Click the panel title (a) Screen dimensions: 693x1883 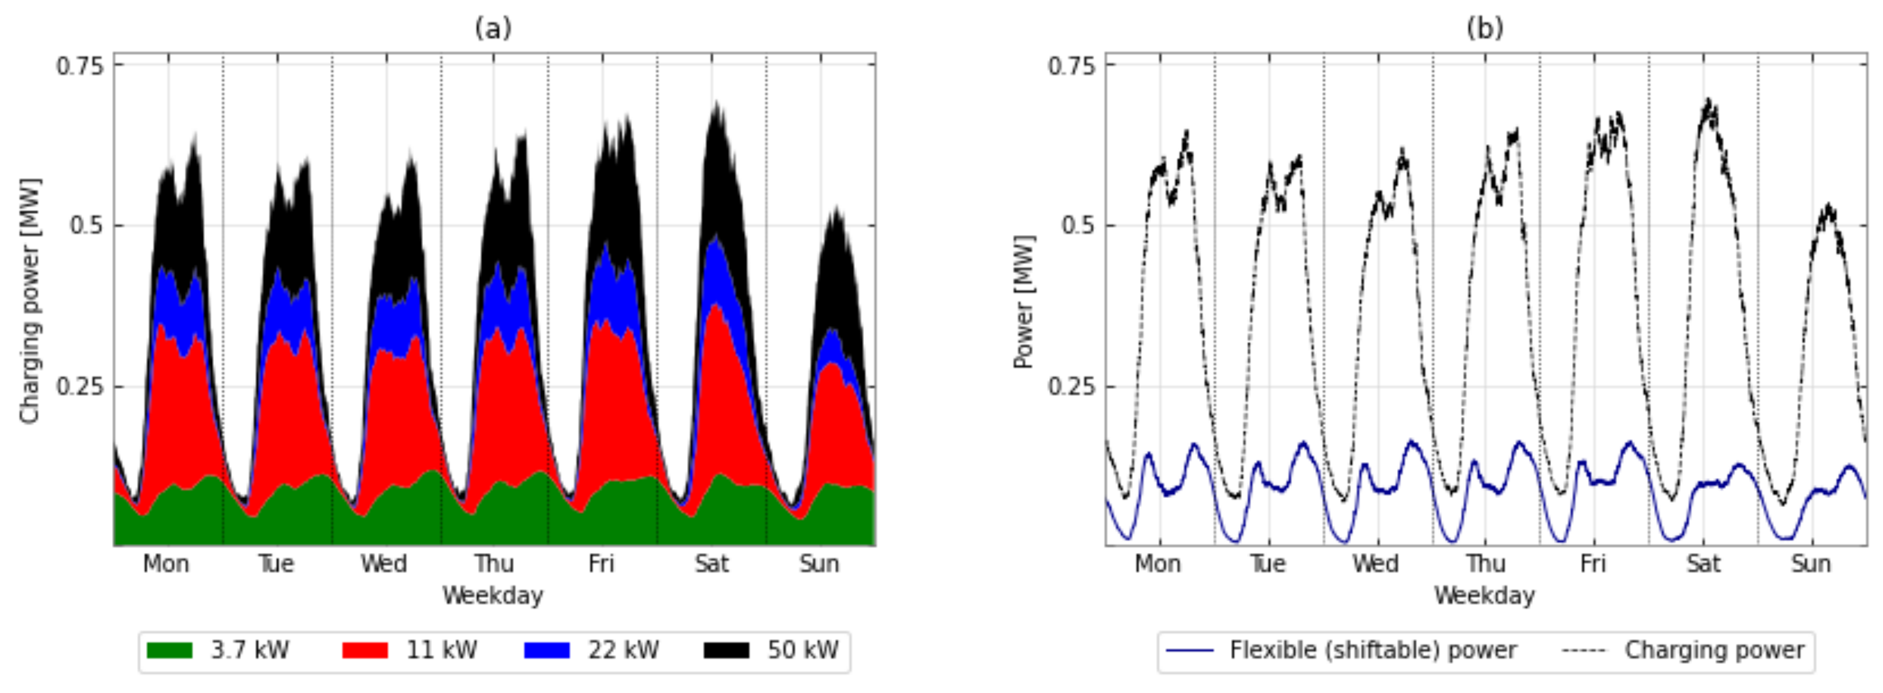[493, 29]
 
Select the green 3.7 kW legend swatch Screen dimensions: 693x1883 [170, 650]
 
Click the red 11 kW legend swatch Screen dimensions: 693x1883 [365, 650]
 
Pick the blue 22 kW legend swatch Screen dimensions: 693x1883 [546, 650]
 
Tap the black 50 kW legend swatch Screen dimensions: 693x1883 [726, 650]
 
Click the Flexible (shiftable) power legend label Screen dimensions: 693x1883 [1373, 650]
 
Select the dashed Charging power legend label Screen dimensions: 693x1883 [1714, 650]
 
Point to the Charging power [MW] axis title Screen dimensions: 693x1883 [30, 300]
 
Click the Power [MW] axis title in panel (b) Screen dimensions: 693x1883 [1023, 300]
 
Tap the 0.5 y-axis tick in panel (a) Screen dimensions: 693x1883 [86, 225]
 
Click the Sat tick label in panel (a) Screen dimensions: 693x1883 [711, 563]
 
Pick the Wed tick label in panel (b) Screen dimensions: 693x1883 [1375, 563]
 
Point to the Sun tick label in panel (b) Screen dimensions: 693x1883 [1811, 563]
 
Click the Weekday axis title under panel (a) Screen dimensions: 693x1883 [493, 595]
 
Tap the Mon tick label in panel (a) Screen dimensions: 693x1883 [166, 563]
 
